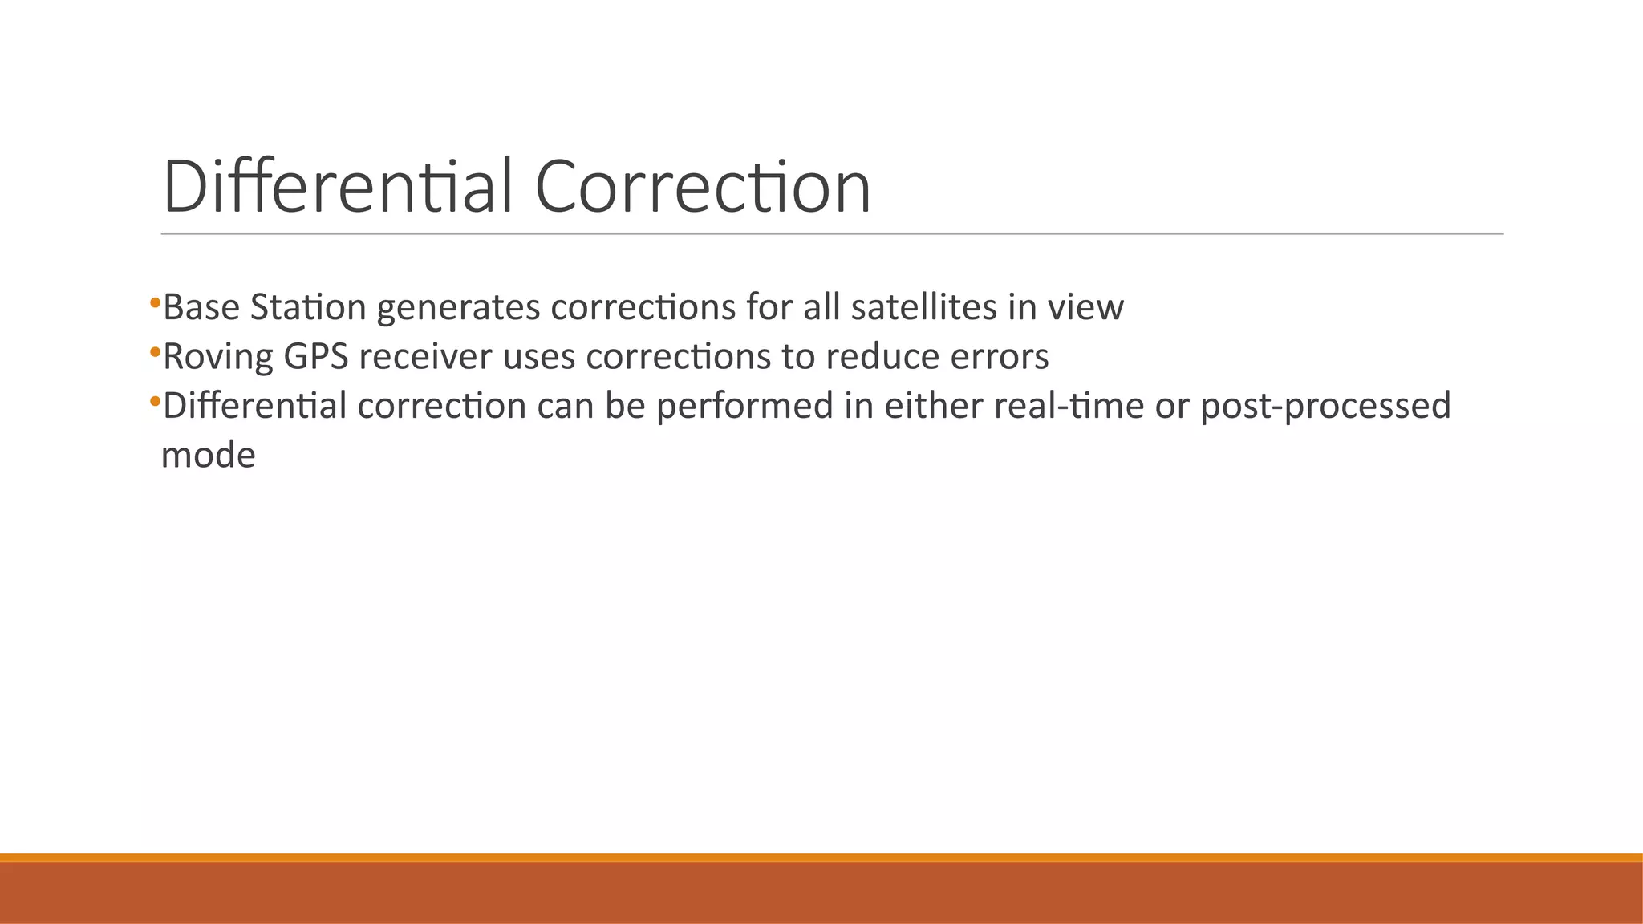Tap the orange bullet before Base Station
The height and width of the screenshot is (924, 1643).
(155, 303)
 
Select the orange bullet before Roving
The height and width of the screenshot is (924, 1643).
(155, 352)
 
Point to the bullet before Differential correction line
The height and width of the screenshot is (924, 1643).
(155, 401)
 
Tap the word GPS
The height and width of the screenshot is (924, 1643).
(316, 357)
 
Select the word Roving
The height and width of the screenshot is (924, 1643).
(217, 357)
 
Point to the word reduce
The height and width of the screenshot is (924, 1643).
(882, 357)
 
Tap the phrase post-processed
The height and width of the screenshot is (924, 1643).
(1325, 406)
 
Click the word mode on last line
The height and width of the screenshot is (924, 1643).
(208, 456)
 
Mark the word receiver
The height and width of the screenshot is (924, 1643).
(425, 357)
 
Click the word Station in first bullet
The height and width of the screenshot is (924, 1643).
(308, 307)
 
